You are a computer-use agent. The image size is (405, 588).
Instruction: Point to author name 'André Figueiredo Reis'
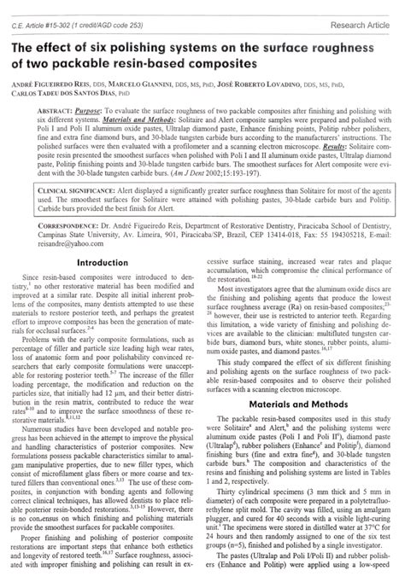click(50, 87)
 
